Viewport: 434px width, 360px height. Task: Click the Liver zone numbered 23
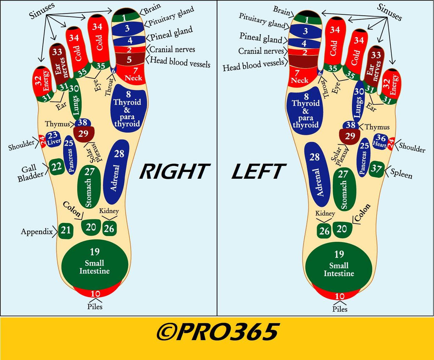tap(53, 139)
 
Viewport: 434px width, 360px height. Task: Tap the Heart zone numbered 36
tap(380, 141)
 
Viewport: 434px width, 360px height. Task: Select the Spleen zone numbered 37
tap(376, 169)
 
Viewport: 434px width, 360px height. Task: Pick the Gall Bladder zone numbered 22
tap(57, 167)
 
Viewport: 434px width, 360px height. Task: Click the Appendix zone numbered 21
tap(66, 230)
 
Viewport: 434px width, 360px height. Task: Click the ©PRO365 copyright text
tap(217, 332)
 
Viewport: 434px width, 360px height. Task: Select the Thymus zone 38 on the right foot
tap(83, 122)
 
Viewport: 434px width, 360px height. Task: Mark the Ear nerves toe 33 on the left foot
tap(374, 65)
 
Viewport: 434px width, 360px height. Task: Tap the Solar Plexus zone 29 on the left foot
tap(350, 136)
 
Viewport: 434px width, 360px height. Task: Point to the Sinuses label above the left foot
tap(389, 12)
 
